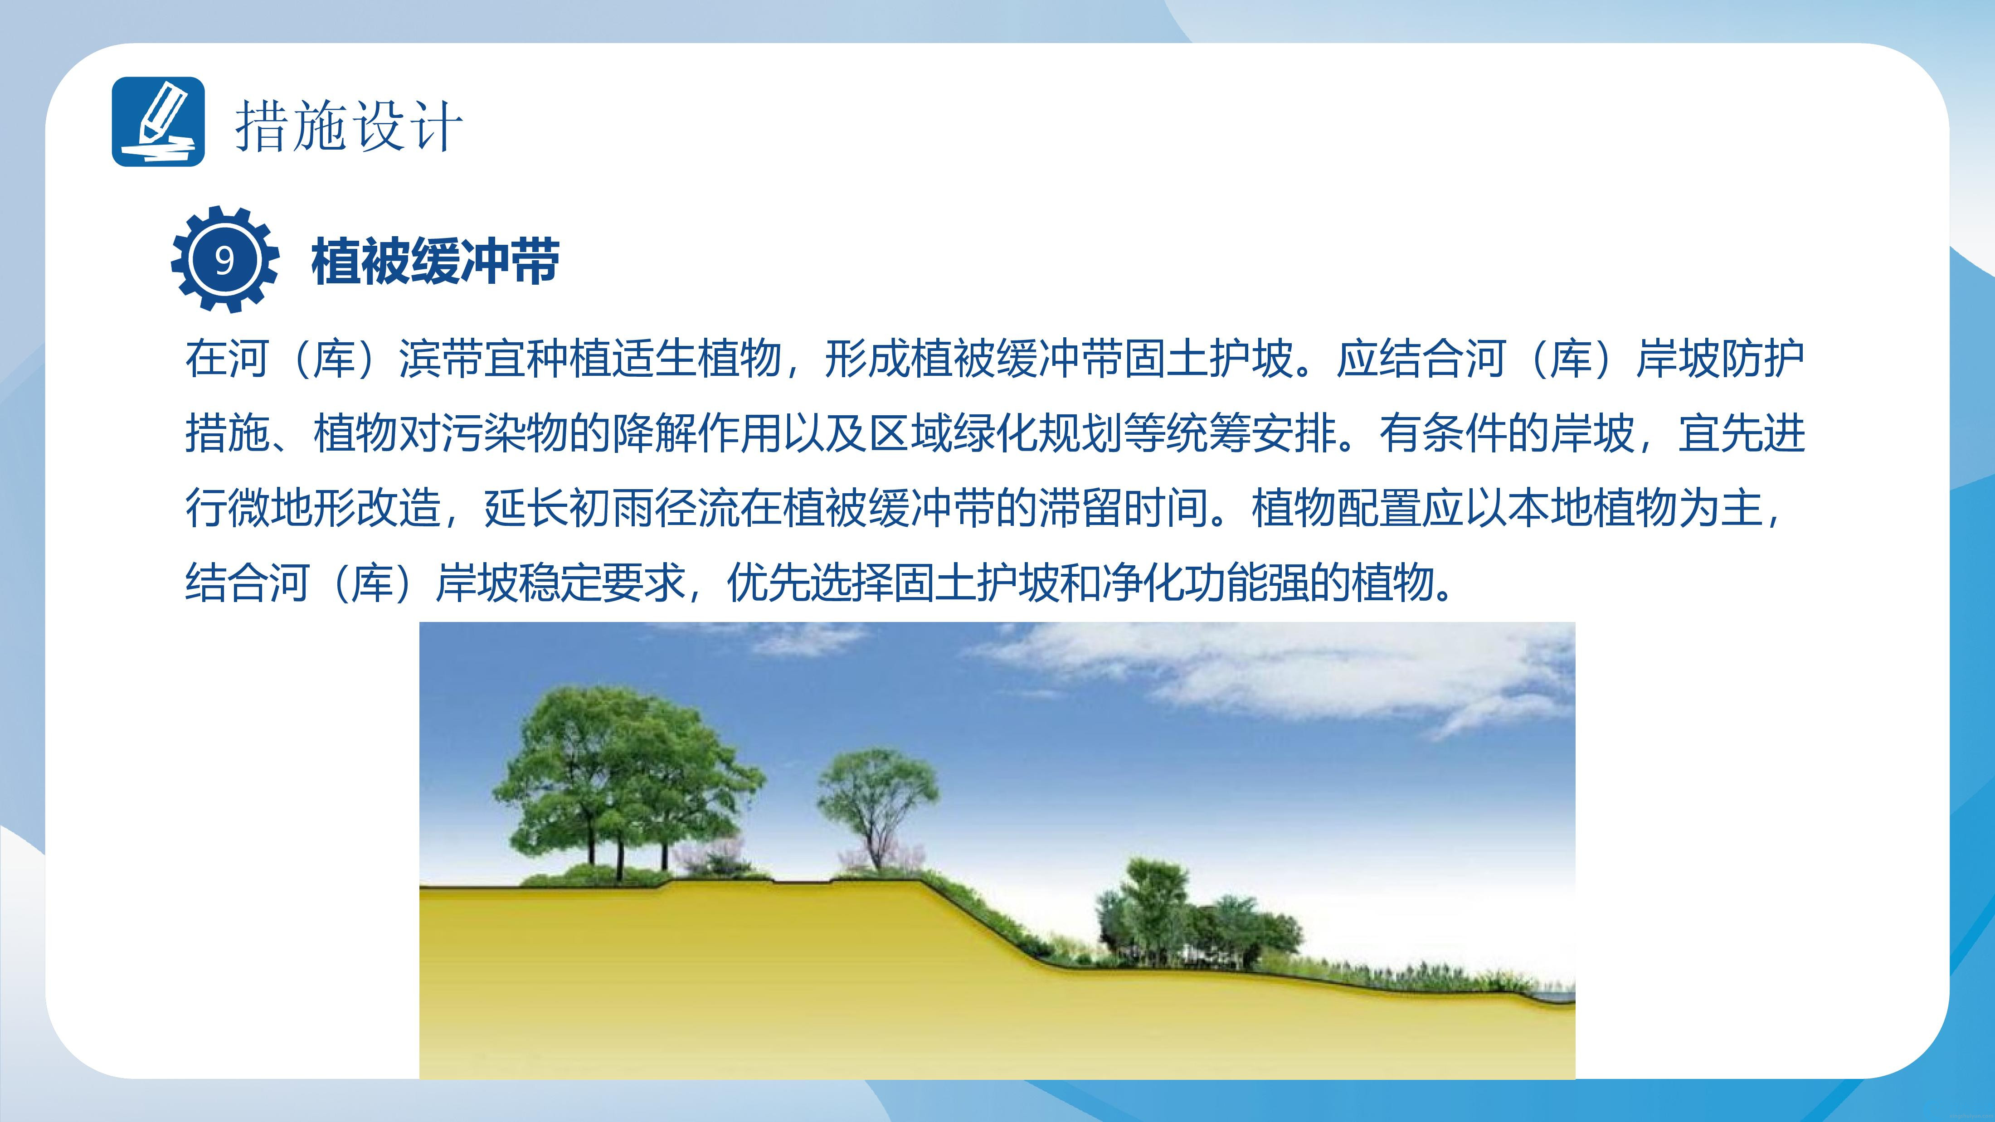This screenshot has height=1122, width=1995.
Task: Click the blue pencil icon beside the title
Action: tap(158, 121)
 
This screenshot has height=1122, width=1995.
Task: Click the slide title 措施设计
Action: tap(349, 126)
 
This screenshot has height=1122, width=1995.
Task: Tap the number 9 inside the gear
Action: tap(224, 260)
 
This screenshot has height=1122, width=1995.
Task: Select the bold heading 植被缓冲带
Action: tap(435, 261)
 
